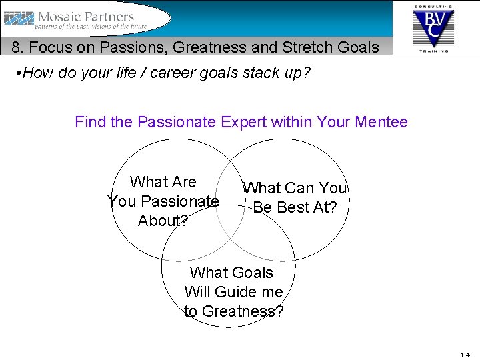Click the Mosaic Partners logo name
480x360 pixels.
pyautogui.click(x=86, y=17)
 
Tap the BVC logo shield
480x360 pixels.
pyautogui.click(x=433, y=27)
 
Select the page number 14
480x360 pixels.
pyautogui.click(x=465, y=354)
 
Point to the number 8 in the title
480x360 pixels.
pyautogui.click(x=15, y=47)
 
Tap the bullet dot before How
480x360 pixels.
pyautogui.click(x=17, y=73)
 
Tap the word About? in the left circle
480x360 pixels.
pyautogui.click(x=163, y=221)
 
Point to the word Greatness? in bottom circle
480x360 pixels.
pyautogui.click(x=242, y=311)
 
